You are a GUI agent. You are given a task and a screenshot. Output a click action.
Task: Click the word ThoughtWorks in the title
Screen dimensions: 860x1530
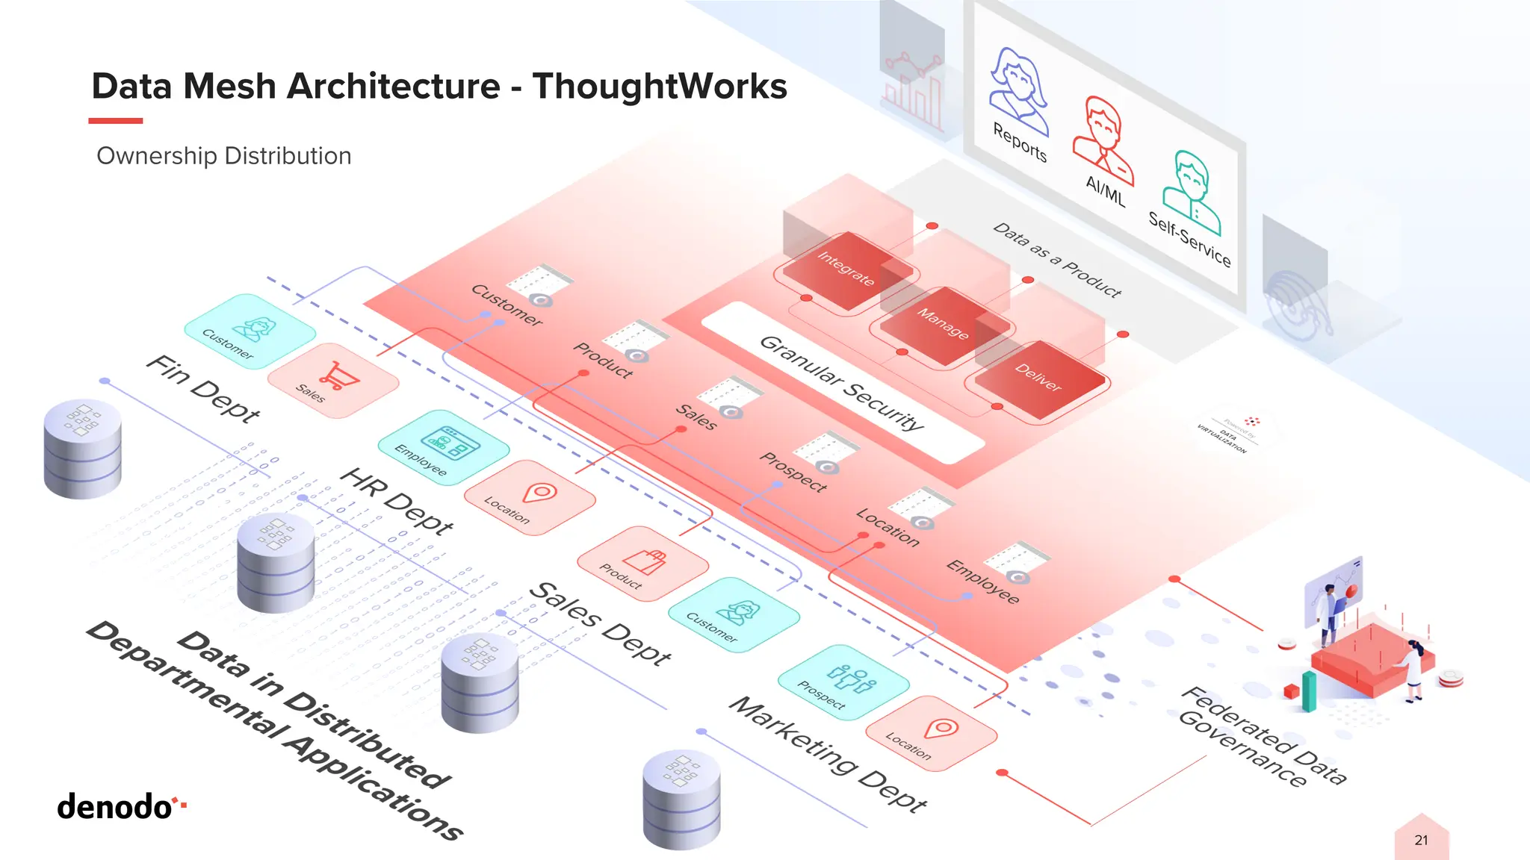pyautogui.click(x=660, y=86)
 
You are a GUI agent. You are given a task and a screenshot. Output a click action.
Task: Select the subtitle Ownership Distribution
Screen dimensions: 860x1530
pyautogui.click(x=223, y=156)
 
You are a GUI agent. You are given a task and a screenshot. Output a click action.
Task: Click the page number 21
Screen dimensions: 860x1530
pyautogui.click(x=1421, y=840)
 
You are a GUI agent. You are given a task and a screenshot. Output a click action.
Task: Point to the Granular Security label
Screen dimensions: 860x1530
pyautogui.click(x=842, y=383)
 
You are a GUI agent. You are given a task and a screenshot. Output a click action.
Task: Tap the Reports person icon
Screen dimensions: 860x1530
pyautogui.click(x=1019, y=88)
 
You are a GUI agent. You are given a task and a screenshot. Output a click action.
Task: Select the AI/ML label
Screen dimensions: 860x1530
pyautogui.click(x=1105, y=191)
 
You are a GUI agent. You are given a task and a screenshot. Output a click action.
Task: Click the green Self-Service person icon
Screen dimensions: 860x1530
pyautogui.click(x=1191, y=191)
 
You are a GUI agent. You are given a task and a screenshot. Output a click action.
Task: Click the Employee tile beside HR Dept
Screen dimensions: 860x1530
pyautogui.click(x=444, y=446)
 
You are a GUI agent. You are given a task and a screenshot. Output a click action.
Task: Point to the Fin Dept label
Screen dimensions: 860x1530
pyautogui.click(x=202, y=388)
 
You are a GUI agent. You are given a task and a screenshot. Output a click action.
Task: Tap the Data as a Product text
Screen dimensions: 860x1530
pyautogui.click(x=1056, y=260)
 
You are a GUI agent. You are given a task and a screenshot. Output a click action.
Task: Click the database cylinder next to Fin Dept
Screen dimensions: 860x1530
pyautogui.click(x=82, y=448)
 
